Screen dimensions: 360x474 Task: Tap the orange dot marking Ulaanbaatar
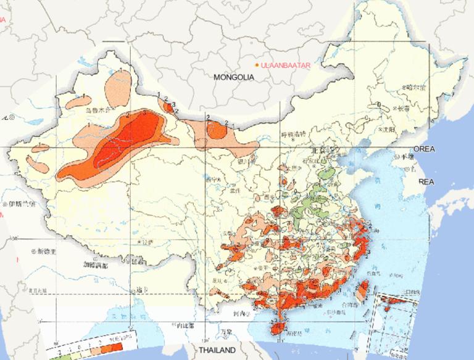point(257,65)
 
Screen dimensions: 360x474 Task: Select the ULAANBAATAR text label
point(285,65)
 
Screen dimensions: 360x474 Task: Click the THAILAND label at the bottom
point(218,351)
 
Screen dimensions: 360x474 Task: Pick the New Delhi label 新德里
point(48,251)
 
